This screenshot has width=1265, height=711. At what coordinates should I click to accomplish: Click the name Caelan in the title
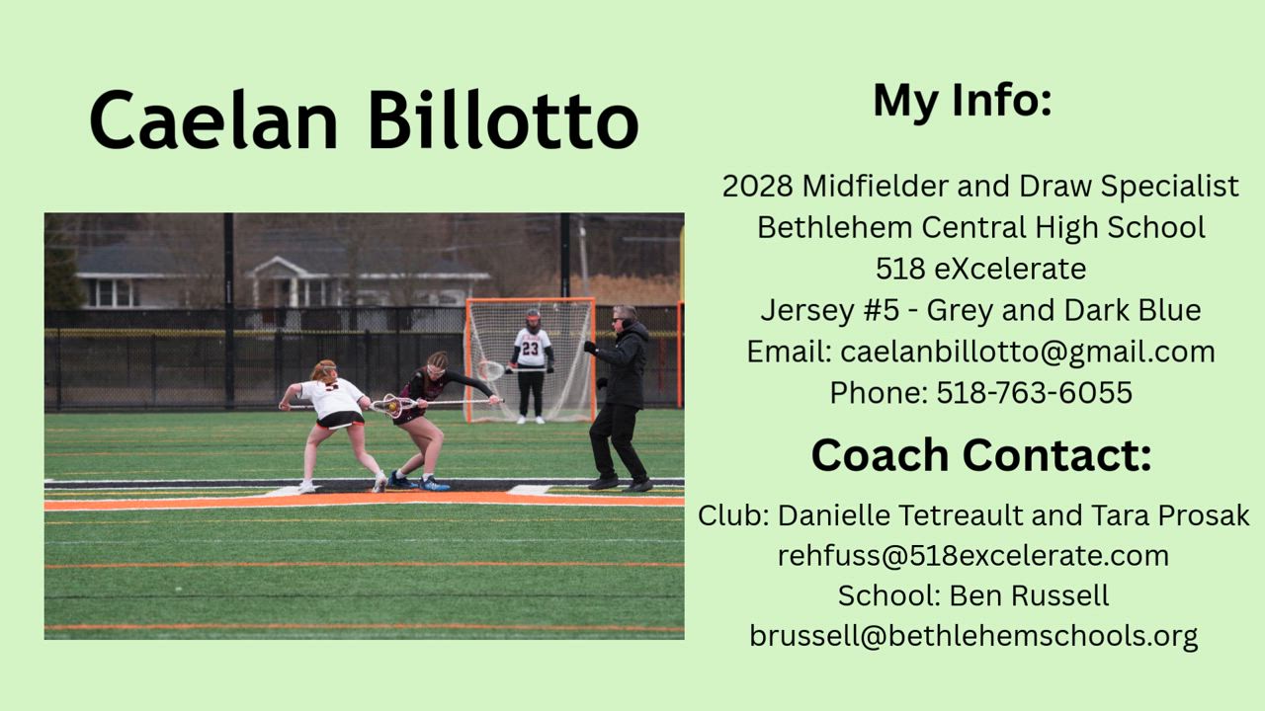[x=213, y=119]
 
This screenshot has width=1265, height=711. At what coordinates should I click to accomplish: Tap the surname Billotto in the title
[x=504, y=119]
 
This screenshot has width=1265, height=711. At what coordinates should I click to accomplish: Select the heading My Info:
[x=963, y=102]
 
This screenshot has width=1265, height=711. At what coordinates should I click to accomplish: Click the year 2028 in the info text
[x=757, y=186]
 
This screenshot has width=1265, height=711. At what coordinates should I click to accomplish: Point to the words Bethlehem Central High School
[x=981, y=227]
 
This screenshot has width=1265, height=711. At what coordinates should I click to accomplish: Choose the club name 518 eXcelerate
[x=981, y=269]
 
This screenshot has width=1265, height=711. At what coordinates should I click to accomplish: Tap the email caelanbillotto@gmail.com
[x=1027, y=352]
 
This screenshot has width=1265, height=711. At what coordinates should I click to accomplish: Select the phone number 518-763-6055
[x=1035, y=393]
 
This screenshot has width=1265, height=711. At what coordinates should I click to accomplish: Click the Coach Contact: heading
[x=981, y=455]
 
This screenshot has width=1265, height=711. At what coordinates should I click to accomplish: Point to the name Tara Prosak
[x=1169, y=515]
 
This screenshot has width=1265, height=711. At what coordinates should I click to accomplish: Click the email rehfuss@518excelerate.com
[x=973, y=556]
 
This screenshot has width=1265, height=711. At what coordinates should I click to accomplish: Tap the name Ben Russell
[x=1029, y=595]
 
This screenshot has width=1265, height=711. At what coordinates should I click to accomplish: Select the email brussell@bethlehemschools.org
[x=973, y=637]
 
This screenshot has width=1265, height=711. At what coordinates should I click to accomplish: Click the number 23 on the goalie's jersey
[x=531, y=348]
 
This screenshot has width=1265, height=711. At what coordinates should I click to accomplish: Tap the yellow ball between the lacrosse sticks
[x=391, y=405]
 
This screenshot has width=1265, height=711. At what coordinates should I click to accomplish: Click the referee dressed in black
[x=619, y=398]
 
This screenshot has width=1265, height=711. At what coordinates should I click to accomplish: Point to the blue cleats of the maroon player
[x=419, y=482]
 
